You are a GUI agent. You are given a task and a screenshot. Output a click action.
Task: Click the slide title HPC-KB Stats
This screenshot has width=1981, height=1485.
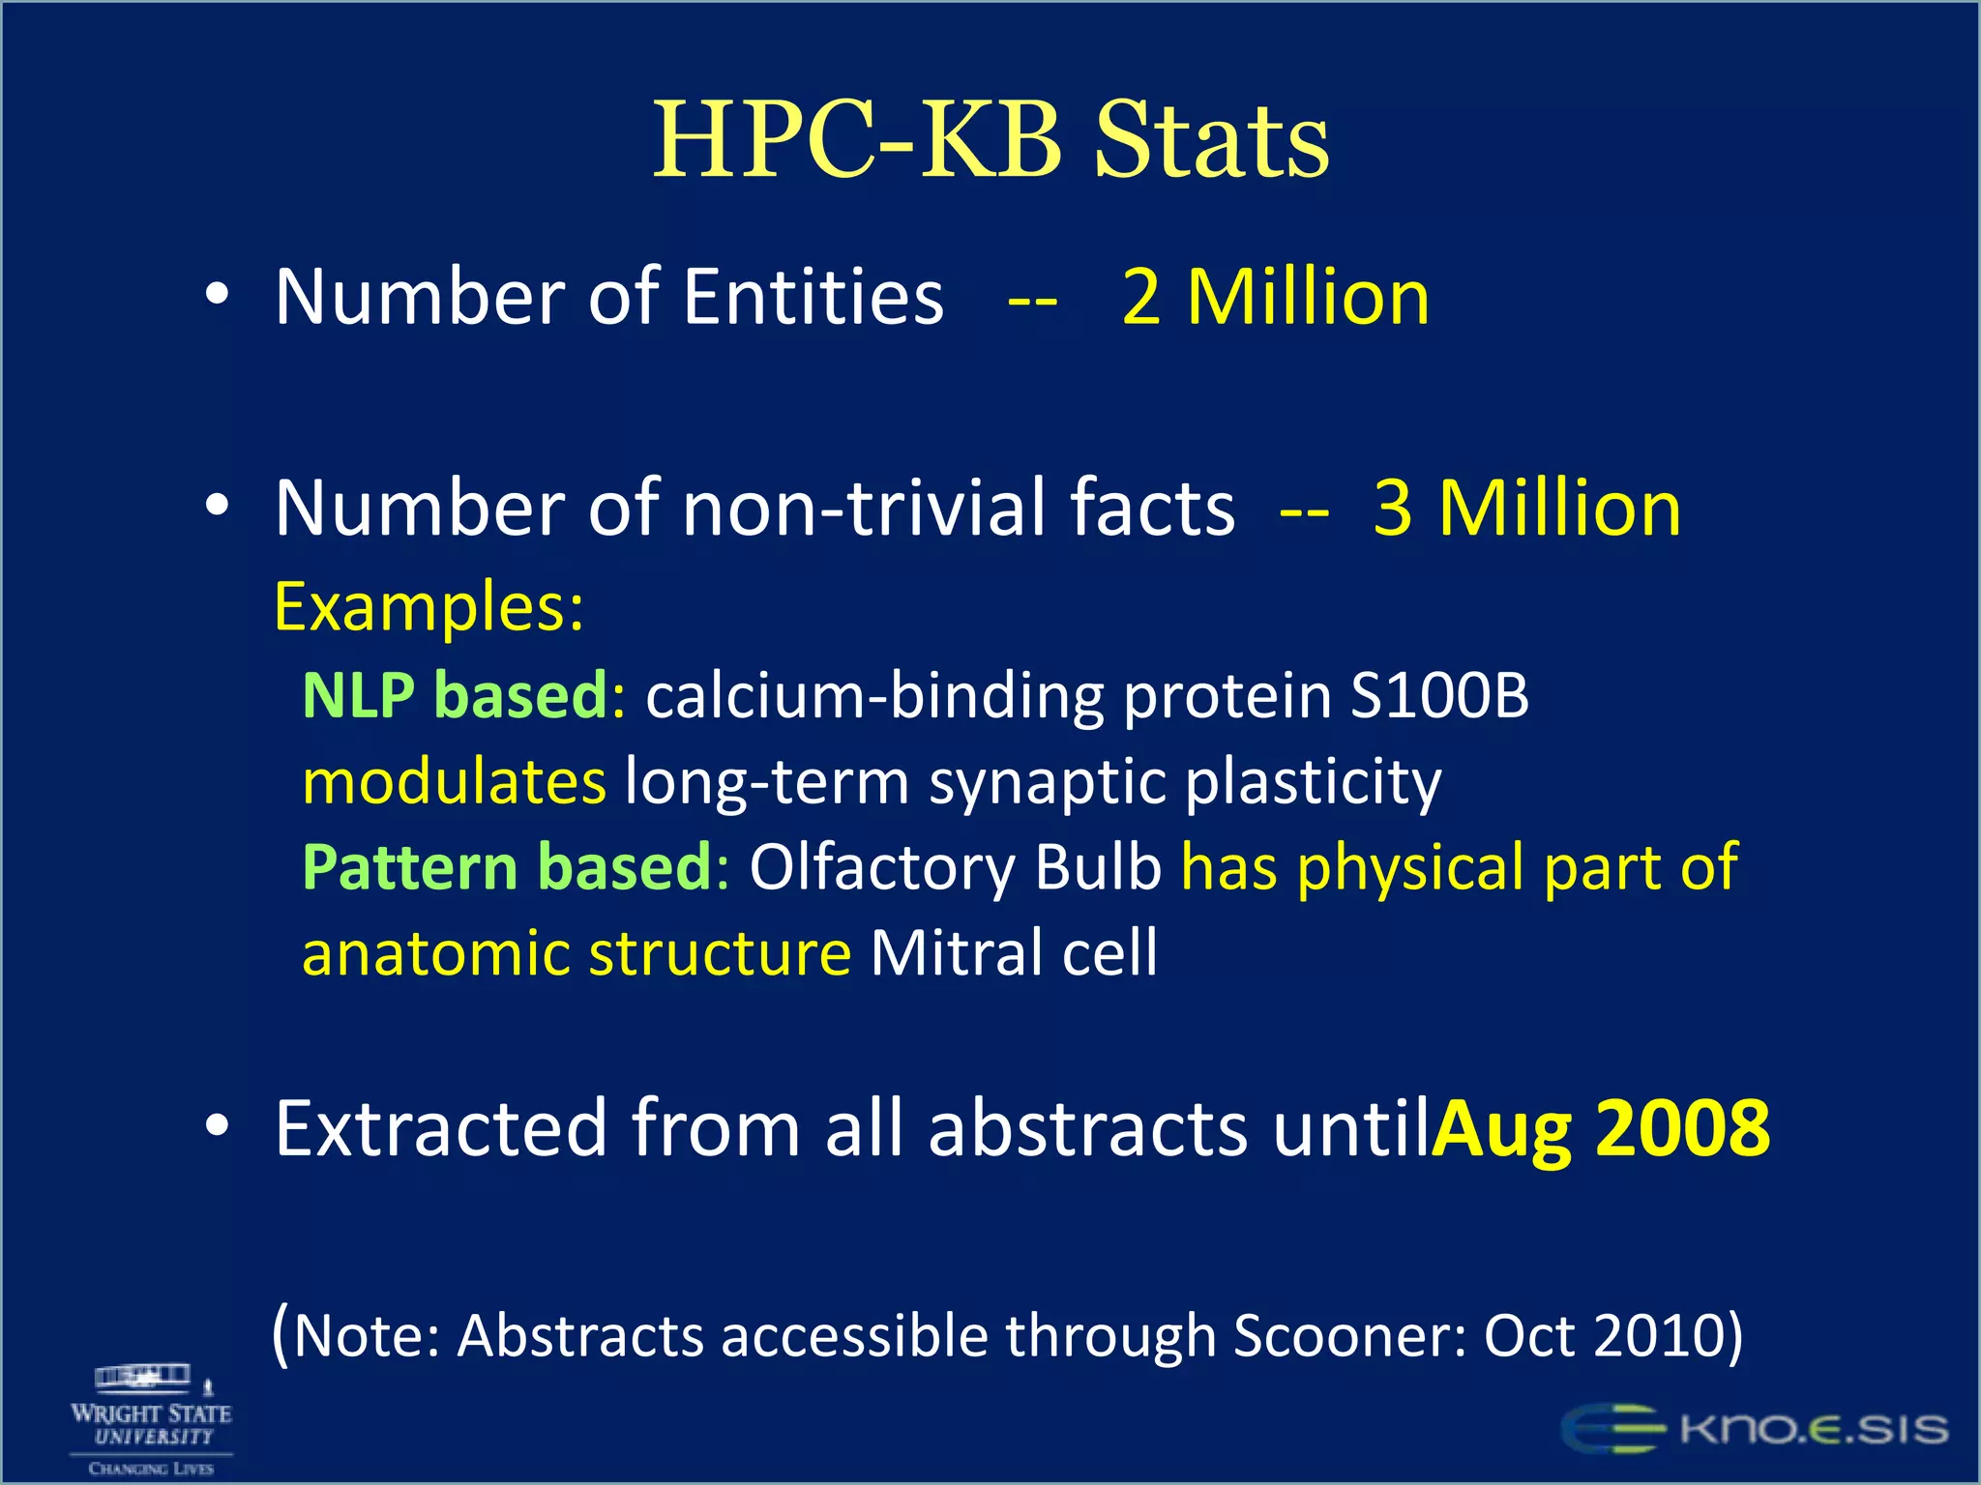pyautogui.click(x=990, y=140)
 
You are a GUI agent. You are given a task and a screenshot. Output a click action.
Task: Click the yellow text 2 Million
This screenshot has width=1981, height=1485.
pyautogui.click(x=1275, y=297)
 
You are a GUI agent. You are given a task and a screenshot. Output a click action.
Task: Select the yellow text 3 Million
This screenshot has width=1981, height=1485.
pyautogui.click(x=1526, y=508)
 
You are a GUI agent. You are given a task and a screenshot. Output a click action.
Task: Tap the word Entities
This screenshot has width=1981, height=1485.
pyautogui.click(x=813, y=297)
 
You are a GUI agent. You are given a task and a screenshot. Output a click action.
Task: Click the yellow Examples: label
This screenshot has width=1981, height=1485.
pyautogui.click(x=429, y=607)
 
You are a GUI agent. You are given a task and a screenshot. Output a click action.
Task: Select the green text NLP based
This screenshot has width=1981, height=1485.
pyautogui.click(x=455, y=695)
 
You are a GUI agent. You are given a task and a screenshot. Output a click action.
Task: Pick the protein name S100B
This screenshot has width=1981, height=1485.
pyautogui.click(x=1439, y=695)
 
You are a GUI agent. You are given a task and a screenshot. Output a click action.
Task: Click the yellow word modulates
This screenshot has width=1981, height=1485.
pyautogui.click(x=455, y=781)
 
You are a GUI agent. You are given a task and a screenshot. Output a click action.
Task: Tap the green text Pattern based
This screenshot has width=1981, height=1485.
pyautogui.click(x=508, y=867)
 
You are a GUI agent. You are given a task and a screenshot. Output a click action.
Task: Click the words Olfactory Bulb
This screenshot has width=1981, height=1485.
pyautogui.click(x=956, y=867)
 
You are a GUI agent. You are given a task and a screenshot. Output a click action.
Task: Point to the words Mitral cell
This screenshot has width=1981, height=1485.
pyautogui.click(x=1014, y=953)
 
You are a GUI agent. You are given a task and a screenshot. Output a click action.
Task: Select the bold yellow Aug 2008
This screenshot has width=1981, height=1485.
pyautogui.click(x=1601, y=1128)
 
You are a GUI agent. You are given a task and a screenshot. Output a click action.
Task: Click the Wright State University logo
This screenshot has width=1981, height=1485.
pyautogui.click(x=151, y=1420)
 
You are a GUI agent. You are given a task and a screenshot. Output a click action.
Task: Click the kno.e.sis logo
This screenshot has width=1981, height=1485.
pyautogui.click(x=1754, y=1429)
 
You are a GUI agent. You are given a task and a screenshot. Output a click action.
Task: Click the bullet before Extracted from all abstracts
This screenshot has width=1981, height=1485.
pyautogui.click(x=218, y=1125)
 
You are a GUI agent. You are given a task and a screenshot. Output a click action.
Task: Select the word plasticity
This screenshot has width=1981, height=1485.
pyautogui.click(x=1313, y=781)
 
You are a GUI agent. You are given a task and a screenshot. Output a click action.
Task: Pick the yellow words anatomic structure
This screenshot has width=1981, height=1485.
pyautogui.click(x=577, y=953)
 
